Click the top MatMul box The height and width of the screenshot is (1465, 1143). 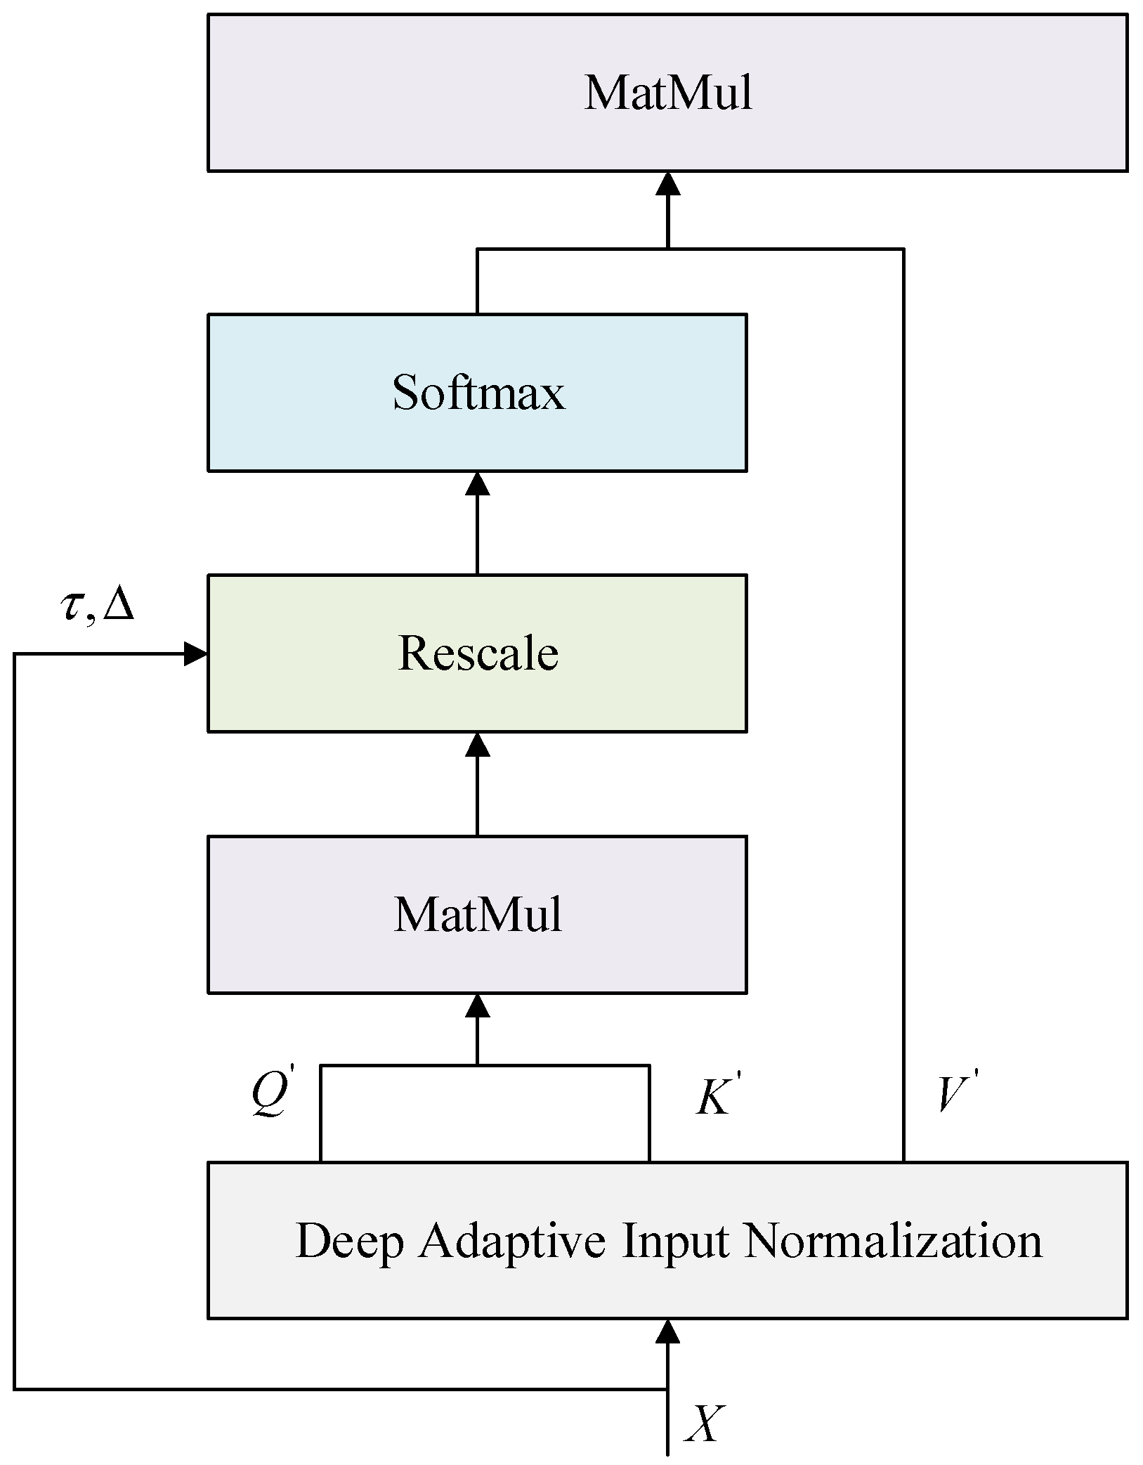coord(667,93)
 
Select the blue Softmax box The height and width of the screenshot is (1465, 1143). coord(477,392)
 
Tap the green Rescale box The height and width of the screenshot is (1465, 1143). coord(477,653)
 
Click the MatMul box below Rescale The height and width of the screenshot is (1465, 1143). coord(477,915)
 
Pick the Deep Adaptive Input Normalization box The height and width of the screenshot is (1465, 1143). coord(667,1241)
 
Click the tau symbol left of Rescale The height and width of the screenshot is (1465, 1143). coord(72,606)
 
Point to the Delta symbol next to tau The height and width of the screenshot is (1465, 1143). coord(118,606)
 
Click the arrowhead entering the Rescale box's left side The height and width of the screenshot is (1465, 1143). coord(195,654)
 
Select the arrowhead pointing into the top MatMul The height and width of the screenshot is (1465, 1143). coord(667,184)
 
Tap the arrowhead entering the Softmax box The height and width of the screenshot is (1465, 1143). coord(477,484)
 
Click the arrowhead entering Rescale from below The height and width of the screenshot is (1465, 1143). coord(477,745)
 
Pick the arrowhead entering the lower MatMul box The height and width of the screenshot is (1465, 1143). coord(477,1006)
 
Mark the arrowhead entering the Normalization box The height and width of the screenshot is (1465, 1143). coord(667,1331)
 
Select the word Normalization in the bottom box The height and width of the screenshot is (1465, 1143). coord(892,1241)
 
